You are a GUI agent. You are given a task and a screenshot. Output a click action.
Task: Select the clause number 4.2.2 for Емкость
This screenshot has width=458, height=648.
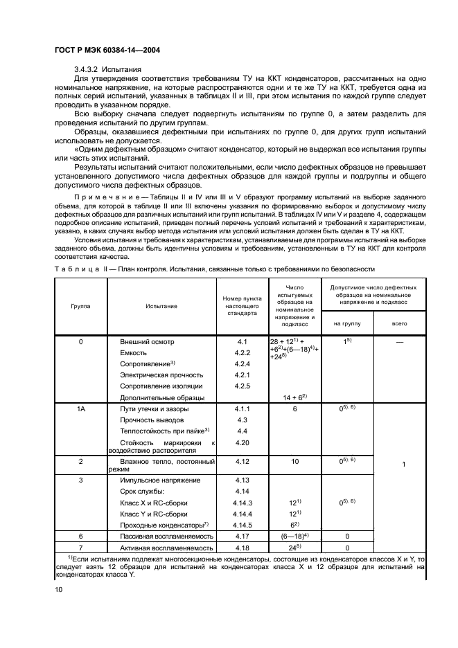(x=242, y=353)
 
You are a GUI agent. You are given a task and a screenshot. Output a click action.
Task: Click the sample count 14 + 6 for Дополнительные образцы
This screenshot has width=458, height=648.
(x=294, y=397)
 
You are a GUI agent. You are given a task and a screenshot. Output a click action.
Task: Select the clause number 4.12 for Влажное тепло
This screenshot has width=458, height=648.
(x=242, y=460)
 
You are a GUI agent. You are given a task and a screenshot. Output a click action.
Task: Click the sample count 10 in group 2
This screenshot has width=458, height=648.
(x=294, y=460)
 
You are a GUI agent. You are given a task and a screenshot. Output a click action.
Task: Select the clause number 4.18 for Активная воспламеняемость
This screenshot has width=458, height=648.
(x=242, y=547)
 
